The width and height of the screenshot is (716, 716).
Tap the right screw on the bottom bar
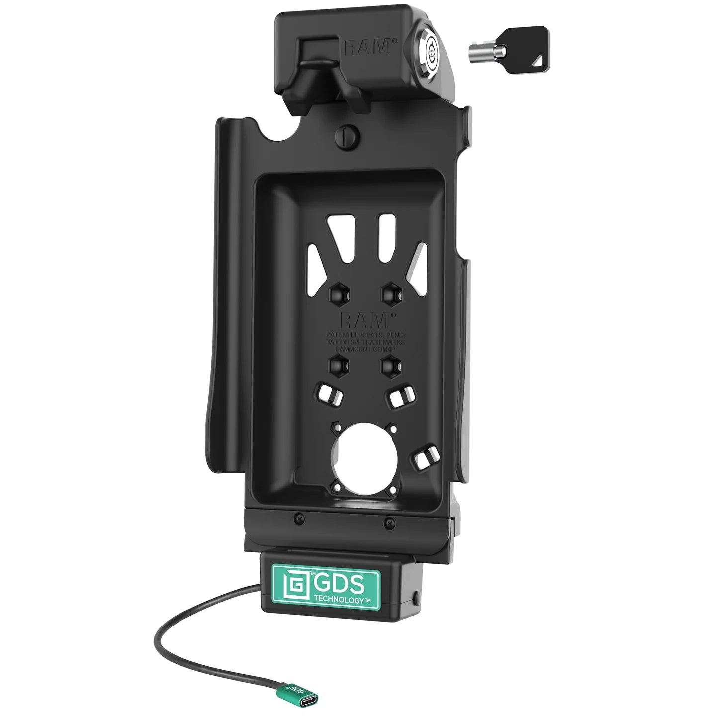pos(390,523)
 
